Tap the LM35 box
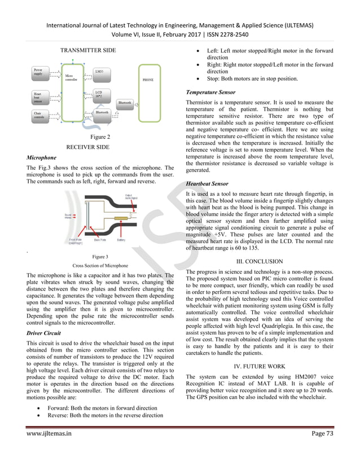pyautogui.click(x=99, y=72)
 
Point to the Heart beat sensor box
pyautogui.click(x=40, y=96)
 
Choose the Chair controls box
pyautogui.click(x=40, y=117)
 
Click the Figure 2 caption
pyautogui.click(x=100, y=137)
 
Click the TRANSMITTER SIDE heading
pyautogui.click(x=88, y=51)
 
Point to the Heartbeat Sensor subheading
pyautogui.click(x=207, y=184)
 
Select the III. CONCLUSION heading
pyautogui.click(x=259, y=262)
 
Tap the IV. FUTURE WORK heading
pyautogui.click(x=259, y=365)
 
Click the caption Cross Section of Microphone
pyautogui.click(x=100, y=265)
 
